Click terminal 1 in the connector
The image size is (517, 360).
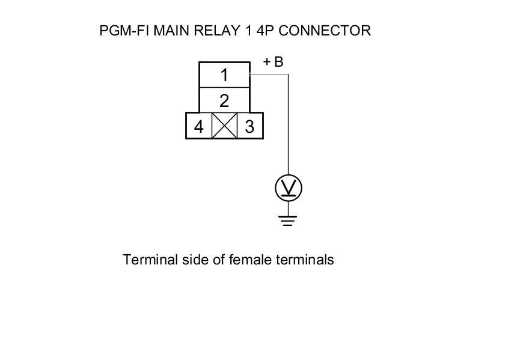[x=224, y=75]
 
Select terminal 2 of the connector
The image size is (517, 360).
[x=224, y=100]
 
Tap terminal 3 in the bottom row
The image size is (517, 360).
[x=250, y=127]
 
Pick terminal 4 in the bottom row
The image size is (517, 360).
[x=199, y=127]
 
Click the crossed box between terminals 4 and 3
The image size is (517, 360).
[x=225, y=126]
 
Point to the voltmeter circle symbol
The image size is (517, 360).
[x=289, y=189]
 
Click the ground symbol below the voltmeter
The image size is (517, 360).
[x=289, y=220]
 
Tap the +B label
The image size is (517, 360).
[x=274, y=62]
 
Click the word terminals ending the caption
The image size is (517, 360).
[x=305, y=260]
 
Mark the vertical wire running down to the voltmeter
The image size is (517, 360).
[x=289, y=126]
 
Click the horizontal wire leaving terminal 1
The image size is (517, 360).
[x=269, y=75]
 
